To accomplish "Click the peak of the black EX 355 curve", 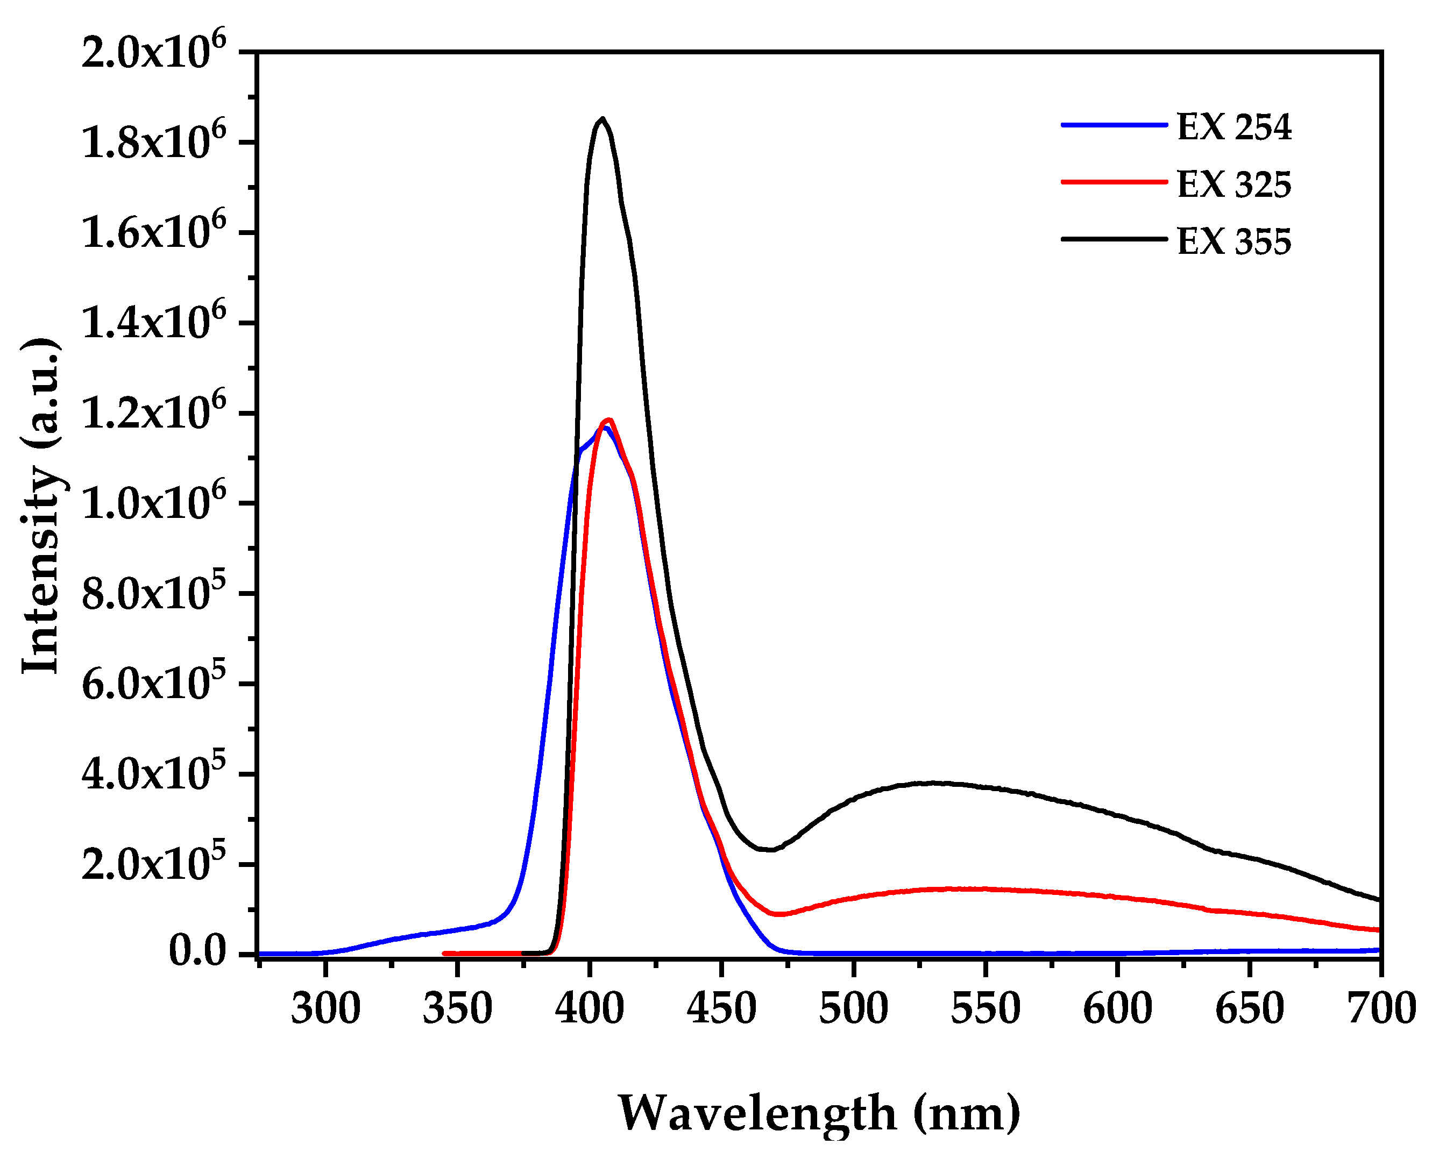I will pos(603,119).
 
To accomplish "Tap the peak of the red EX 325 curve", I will pos(608,420).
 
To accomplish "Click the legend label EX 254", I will pos(1233,127).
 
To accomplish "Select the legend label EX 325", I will pos(1233,184).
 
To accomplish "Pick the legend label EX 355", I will pos(1233,241).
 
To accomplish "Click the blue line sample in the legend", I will pos(1114,125).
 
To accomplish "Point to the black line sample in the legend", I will pos(1114,238).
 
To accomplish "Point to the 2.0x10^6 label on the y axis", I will pos(153,52).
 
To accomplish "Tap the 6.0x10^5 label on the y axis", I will pos(153,684).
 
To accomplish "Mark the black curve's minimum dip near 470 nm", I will pos(770,850).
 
